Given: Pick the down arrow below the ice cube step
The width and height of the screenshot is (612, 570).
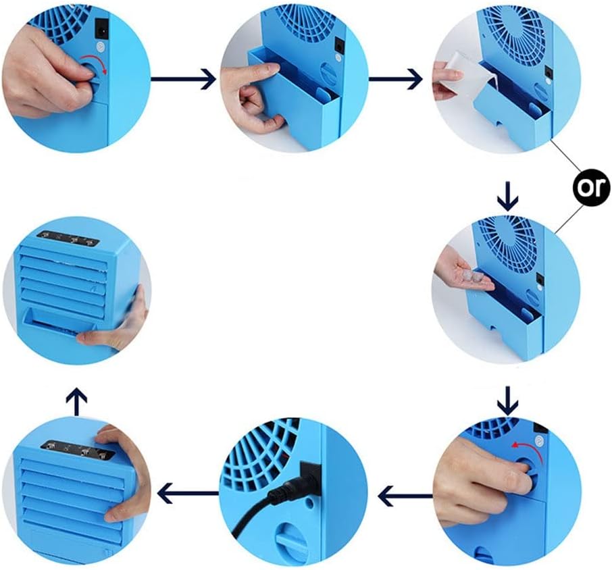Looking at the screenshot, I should [507, 403].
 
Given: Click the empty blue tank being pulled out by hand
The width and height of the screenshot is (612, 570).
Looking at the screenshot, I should [290, 95].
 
